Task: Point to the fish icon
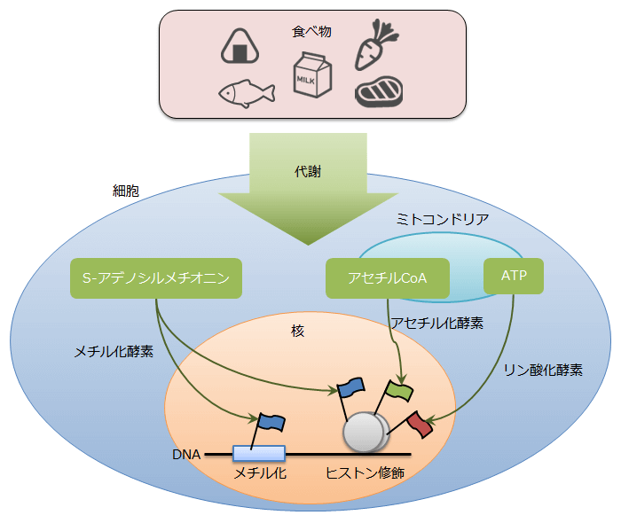(243, 91)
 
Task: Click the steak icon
(379, 92)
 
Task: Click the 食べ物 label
(311, 32)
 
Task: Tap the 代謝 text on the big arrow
(307, 171)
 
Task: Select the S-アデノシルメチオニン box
(155, 278)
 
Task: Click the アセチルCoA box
(388, 278)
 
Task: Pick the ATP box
(514, 277)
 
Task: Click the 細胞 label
(126, 191)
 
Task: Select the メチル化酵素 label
(114, 351)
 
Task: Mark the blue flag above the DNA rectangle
(271, 420)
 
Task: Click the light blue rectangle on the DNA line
(258, 453)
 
